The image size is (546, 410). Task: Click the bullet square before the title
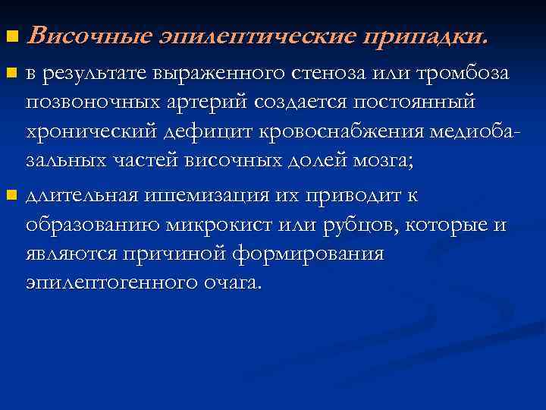click(x=10, y=36)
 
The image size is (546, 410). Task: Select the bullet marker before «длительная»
click(x=10, y=196)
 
